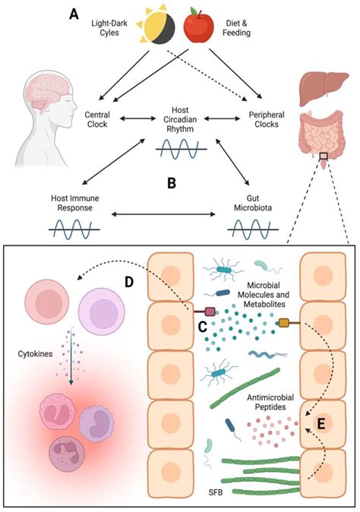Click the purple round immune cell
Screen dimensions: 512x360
pyautogui.click(x=106, y=299)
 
